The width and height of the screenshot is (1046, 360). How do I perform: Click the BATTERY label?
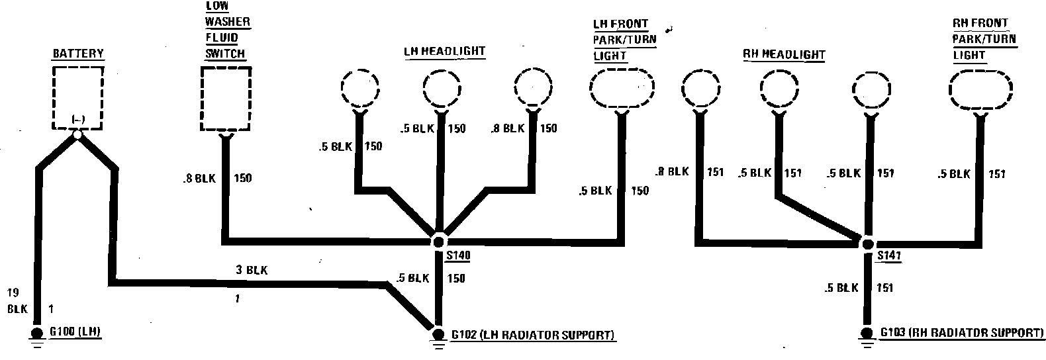[78, 54]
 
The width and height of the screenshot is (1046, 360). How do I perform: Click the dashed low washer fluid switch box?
[226, 99]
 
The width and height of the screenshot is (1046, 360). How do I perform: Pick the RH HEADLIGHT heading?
[784, 54]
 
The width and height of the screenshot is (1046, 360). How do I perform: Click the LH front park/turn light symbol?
[621, 91]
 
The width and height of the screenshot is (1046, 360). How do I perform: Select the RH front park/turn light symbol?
[980, 91]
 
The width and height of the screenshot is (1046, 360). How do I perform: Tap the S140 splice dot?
[438, 240]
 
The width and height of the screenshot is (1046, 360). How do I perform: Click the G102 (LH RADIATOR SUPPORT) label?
[533, 335]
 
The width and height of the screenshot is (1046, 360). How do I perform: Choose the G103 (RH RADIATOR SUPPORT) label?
[962, 332]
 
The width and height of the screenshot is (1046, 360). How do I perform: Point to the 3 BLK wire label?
[252, 270]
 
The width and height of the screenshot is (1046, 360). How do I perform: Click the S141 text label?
[889, 255]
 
